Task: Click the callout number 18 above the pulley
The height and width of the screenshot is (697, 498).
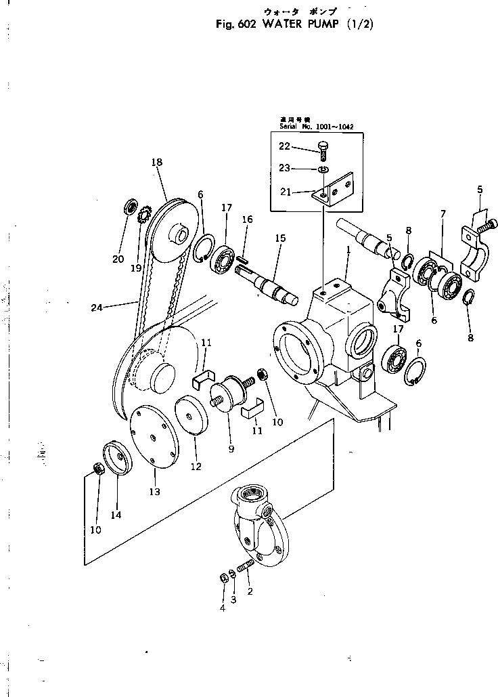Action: pyautogui.click(x=157, y=163)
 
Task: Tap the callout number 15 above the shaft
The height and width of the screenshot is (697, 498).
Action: pyautogui.click(x=280, y=238)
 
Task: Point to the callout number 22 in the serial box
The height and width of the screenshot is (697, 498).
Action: pyautogui.click(x=285, y=146)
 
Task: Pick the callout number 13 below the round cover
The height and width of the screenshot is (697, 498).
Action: pyautogui.click(x=155, y=491)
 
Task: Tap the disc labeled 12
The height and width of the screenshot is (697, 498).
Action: pyautogui.click(x=191, y=415)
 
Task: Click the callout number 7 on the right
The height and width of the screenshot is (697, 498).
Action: pyautogui.click(x=443, y=214)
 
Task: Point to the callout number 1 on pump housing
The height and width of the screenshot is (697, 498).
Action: pyautogui.click(x=348, y=249)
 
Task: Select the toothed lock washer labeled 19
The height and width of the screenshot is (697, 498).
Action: pyautogui.click(x=143, y=217)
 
